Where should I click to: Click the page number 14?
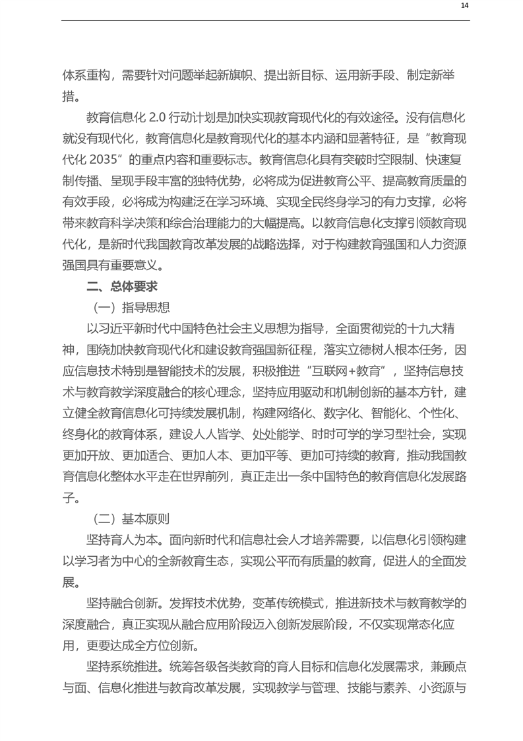click(464, 6)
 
